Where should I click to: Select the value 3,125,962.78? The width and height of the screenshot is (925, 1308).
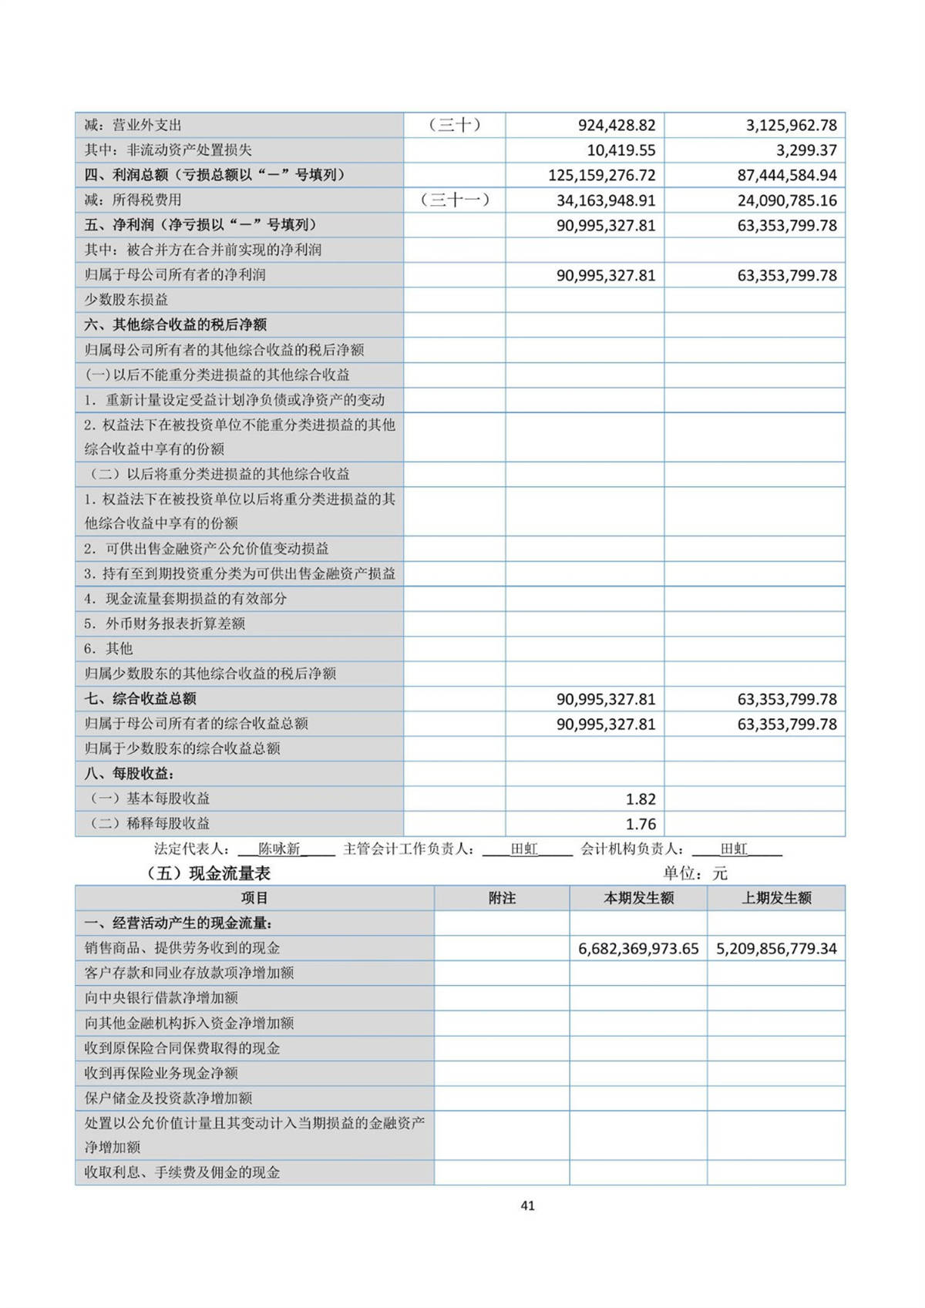(790, 125)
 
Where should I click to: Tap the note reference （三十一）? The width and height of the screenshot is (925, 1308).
(455, 200)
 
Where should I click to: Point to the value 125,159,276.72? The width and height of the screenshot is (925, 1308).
(601, 175)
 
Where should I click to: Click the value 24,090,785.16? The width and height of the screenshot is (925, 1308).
(786, 200)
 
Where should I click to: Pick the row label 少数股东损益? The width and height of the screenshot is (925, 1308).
(126, 300)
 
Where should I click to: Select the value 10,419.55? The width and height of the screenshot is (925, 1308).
(621, 150)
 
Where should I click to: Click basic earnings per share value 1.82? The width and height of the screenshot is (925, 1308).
(641, 799)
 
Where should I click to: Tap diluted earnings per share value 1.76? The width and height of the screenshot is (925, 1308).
(641, 824)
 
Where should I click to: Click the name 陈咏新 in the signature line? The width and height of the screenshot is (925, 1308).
(279, 849)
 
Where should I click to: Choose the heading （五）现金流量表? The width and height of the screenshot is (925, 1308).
(208, 873)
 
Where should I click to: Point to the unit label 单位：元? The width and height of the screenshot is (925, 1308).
(695, 873)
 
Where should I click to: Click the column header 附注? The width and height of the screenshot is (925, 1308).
(502, 898)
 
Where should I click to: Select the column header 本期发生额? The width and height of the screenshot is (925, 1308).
(638, 898)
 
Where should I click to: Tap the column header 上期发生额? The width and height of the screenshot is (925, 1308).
(776, 898)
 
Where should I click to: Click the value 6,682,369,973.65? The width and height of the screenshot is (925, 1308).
(638, 949)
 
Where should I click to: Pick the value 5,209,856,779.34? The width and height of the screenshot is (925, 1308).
(776, 949)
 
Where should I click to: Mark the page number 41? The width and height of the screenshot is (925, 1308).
(527, 1205)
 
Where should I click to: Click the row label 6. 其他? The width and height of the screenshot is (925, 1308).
(109, 649)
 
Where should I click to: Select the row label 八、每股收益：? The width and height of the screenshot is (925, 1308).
(129, 773)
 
